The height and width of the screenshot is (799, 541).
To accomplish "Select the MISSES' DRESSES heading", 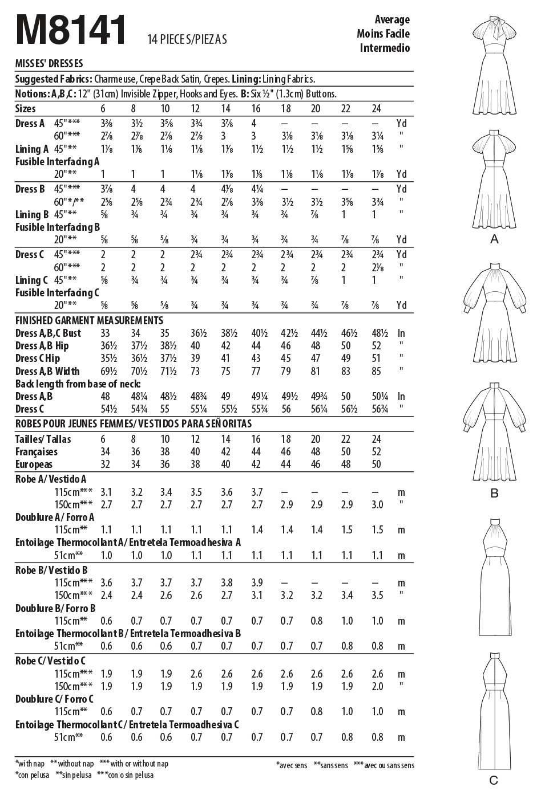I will [x=49, y=64].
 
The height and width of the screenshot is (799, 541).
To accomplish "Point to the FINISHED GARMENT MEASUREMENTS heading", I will [x=89, y=320].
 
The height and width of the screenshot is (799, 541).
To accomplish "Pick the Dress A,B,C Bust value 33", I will [x=103, y=333].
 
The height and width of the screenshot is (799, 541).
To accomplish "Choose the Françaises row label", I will [x=37, y=451].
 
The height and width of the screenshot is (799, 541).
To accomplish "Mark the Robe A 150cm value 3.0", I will [x=377, y=504].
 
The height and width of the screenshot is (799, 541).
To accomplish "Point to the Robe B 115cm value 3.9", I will [x=257, y=582].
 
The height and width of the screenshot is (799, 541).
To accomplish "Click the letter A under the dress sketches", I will [x=494, y=239].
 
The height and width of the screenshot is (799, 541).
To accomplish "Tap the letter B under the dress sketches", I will [x=494, y=493].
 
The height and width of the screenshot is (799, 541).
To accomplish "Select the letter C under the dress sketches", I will [x=494, y=780].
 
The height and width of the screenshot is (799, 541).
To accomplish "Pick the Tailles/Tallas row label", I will [x=43, y=439].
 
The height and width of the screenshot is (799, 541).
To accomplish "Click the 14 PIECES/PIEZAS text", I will [x=187, y=39].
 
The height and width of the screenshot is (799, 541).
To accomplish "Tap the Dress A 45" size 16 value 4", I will [x=253, y=124].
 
